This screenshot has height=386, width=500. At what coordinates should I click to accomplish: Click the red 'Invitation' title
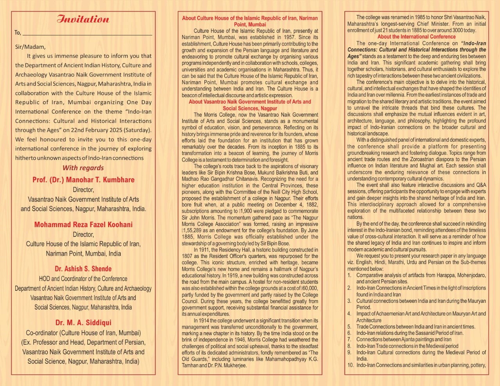pyautogui.click(x=83, y=20)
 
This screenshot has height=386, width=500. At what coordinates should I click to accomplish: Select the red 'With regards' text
pyautogui.click(x=83, y=168)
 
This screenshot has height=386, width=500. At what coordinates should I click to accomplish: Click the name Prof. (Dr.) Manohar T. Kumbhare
pyautogui.click(x=83, y=180)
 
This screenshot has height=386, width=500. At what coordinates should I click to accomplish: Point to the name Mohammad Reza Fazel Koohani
pyautogui.click(x=83, y=224)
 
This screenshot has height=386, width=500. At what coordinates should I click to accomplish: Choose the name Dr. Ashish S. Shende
pyautogui.click(x=83, y=269)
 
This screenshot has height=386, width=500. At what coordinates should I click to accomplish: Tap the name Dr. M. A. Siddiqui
pyautogui.click(x=83, y=323)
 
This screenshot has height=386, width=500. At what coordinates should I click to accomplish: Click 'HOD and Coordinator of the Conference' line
pyautogui.click(x=83, y=279)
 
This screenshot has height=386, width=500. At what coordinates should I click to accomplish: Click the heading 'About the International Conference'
pyautogui.click(x=416, y=37)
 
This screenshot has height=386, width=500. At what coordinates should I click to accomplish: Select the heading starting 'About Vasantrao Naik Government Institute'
pyautogui.click(x=250, y=105)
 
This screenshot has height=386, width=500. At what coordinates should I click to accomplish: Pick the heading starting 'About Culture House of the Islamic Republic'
pyautogui.click(x=250, y=21)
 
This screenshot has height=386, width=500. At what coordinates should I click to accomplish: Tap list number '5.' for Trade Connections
pyautogui.click(x=350, y=327)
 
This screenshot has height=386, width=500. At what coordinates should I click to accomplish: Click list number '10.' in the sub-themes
pyautogui.click(x=350, y=365)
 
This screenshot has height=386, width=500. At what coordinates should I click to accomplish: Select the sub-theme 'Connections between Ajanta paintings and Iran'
pyautogui.click(x=404, y=340)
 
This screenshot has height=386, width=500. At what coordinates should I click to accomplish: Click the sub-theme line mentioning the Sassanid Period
pyautogui.click(x=409, y=333)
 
